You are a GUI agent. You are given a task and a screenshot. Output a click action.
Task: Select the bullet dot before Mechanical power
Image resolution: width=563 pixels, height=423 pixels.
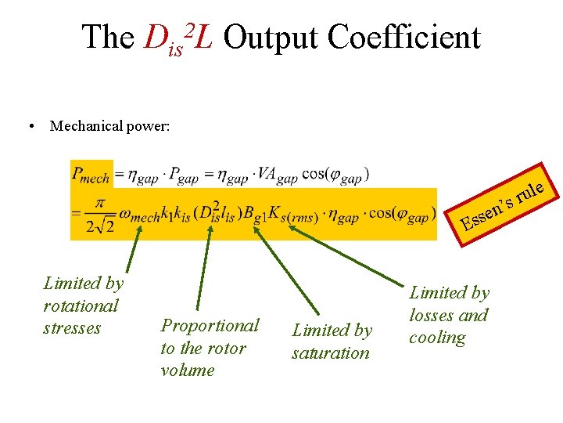pyautogui.click(x=29, y=126)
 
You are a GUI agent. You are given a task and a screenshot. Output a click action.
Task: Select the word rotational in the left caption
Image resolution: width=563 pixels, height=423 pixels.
pyautogui.click(x=81, y=305)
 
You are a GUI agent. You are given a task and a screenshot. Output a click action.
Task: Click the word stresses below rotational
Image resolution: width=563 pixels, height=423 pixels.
pyautogui.click(x=72, y=327)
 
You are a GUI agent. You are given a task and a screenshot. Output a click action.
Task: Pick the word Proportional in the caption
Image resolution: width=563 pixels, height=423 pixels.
pyautogui.click(x=210, y=325)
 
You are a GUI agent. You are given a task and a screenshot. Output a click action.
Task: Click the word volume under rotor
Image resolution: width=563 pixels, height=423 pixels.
pyautogui.click(x=187, y=370)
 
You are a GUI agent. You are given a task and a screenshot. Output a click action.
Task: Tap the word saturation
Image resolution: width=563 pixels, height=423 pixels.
pyautogui.click(x=330, y=353)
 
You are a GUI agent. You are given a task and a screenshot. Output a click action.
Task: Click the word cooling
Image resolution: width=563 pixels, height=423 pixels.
pyautogui.click(x=437, y=338)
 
